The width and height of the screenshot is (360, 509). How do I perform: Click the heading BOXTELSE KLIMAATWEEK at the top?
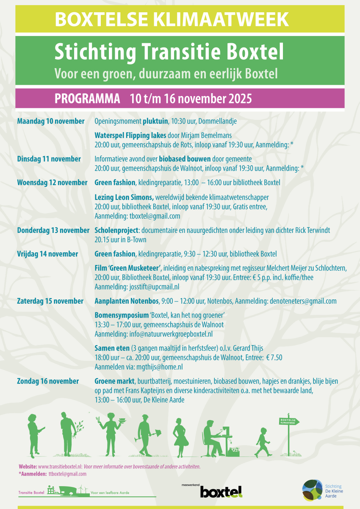click(x=172, y=19)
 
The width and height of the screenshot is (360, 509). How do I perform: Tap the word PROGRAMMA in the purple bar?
click(x=87, y=99)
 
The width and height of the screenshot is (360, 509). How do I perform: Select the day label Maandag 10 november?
click(x=51, y=121)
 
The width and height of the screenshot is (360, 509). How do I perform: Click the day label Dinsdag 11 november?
click(x=49, y=159)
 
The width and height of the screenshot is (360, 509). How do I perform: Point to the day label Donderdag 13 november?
click(x=53, y=230)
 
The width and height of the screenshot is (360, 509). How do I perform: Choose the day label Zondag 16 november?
click(x=48, y=381)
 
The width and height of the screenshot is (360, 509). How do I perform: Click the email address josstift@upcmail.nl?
click(x=154, y=286)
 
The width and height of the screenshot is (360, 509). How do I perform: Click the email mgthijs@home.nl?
click(x=156, y=367)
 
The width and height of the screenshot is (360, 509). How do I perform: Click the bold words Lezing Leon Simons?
click(x=124, y=197)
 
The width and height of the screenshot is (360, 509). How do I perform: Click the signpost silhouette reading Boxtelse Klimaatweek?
click(x=289, y=432)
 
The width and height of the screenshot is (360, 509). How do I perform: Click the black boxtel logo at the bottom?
click(x=221, y=492)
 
